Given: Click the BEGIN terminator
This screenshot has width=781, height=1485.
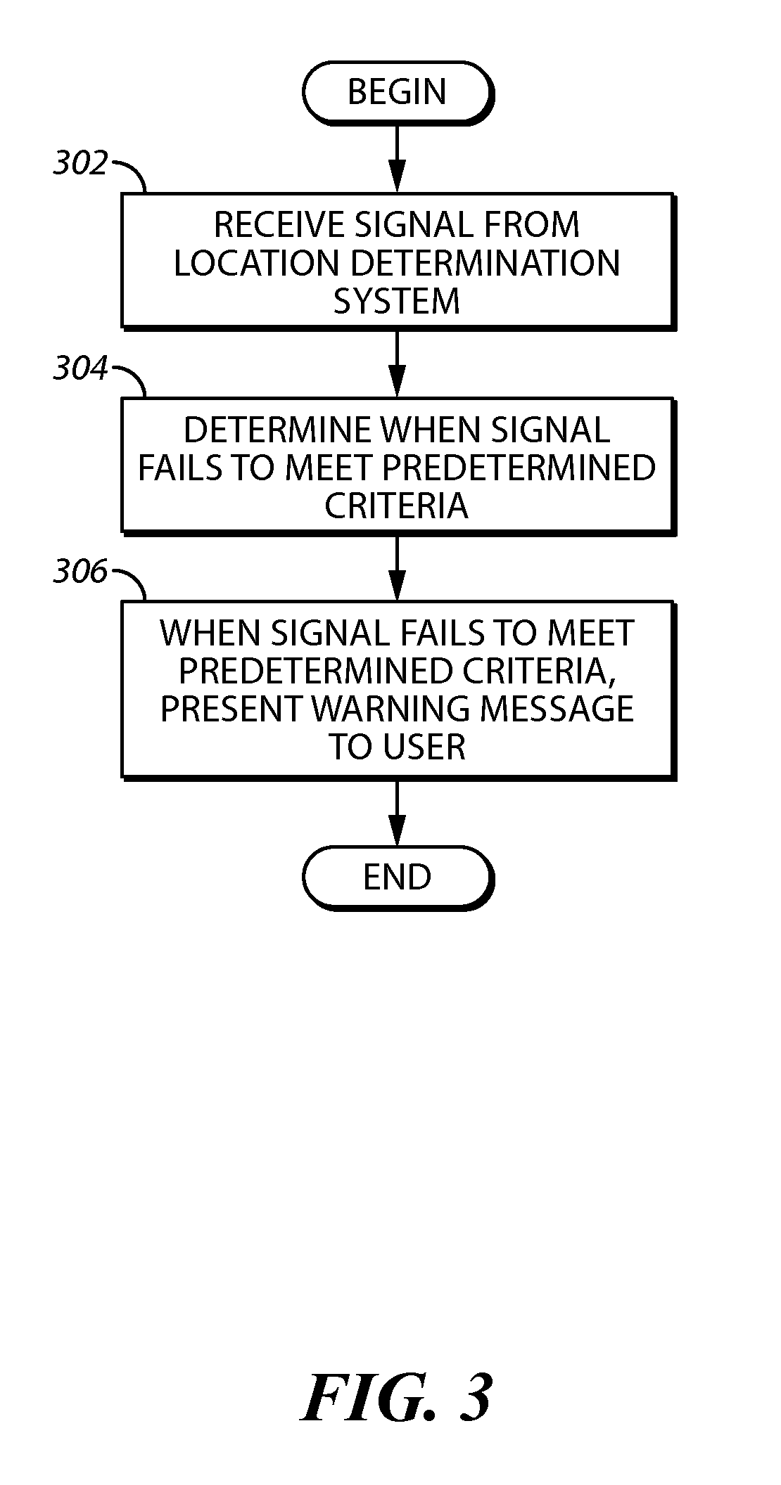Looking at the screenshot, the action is [x=398, y=94].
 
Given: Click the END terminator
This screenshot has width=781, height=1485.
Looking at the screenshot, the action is [x=398, y=878].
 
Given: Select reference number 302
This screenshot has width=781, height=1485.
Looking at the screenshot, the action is [x=80, y=163].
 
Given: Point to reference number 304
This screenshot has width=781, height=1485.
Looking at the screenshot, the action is [x=80, y=368].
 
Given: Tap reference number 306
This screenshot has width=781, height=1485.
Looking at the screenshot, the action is [x=80, y=572].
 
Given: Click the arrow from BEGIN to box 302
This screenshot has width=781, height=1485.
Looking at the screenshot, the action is [x=398, y=159].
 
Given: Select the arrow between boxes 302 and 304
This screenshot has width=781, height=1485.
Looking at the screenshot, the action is [x=398, y=363].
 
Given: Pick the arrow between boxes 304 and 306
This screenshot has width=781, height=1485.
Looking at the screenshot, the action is [x=398, y=567].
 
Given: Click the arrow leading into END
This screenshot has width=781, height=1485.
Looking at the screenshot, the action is [x=398, y=813].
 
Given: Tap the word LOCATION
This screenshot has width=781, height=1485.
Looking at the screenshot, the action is [x=257, y=263].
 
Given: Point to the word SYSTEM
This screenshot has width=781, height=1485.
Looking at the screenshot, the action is [x=397, y=301].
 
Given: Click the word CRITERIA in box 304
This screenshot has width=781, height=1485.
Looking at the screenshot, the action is [x=397, y=506].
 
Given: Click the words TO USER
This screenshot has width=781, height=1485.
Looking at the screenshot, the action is [x=397, y=747].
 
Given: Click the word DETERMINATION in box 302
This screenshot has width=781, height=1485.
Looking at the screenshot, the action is [x=485, y=263].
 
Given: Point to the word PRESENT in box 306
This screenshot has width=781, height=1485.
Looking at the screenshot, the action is [x=232, y=709].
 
